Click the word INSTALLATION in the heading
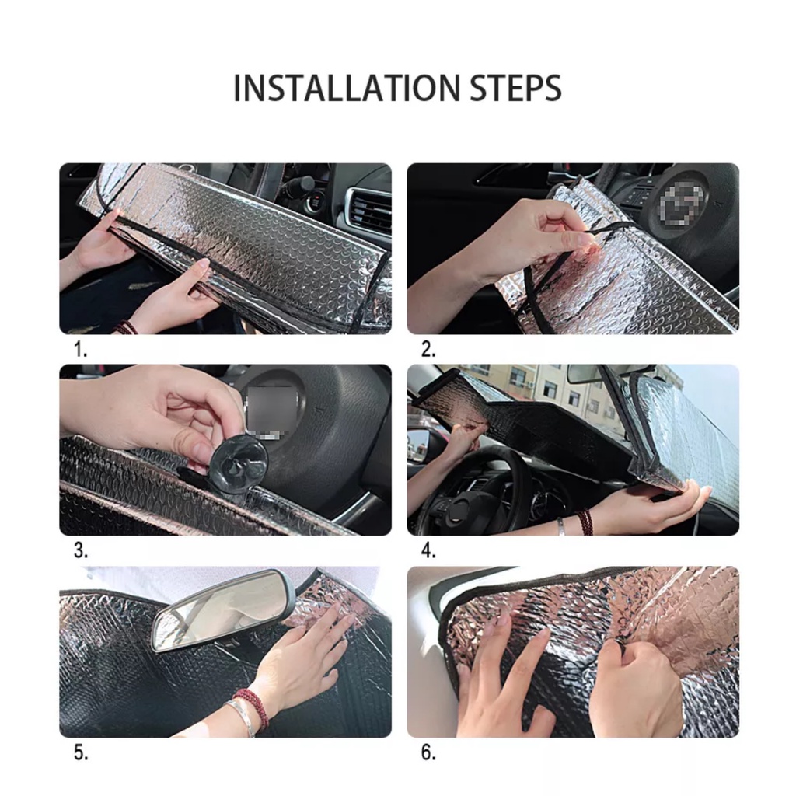pos(347,88)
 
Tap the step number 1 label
pos(80,349)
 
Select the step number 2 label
pos(428,349)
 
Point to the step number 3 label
pos(81,550)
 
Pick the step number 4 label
pos(428,550)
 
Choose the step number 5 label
pos(81,752)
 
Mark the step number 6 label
pos(428,752)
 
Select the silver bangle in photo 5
pos(243,717)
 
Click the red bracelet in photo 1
pos(125,328)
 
